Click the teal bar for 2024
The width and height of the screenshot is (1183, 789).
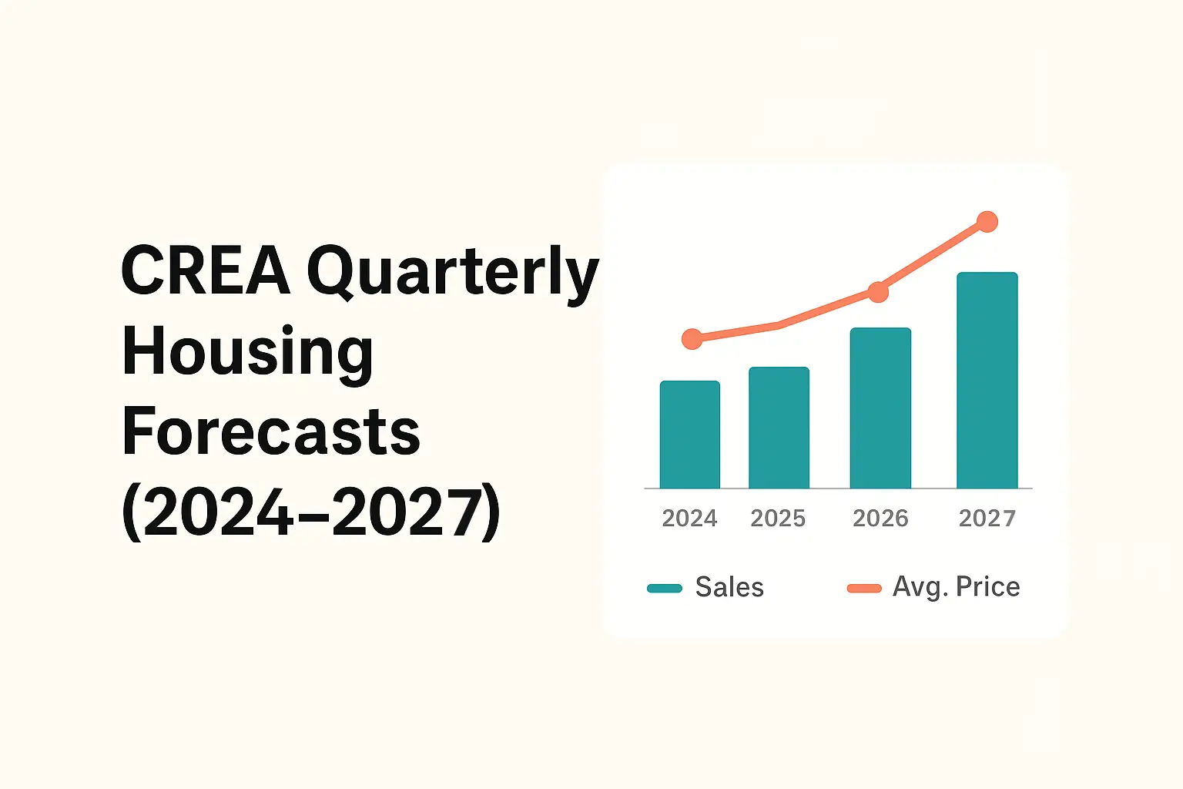(x=690, y=435)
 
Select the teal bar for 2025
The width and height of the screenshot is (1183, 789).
(x=779, y=428)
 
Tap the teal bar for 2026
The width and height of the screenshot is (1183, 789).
(x=880, y=408)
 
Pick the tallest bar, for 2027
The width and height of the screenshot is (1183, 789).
(x=987, y=381)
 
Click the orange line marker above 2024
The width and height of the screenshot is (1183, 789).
(x=692, y=339)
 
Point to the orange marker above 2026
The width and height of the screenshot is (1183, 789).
(x=878, y=292)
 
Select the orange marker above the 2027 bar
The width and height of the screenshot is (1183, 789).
(x=987, y=222)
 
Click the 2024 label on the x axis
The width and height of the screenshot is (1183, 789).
(x=689, y=519)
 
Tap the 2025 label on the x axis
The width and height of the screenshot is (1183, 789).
(x=778, y=519)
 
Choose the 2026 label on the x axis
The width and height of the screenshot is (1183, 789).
(x=880, y=519)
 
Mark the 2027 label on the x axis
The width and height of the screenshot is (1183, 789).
(x=987, y=519)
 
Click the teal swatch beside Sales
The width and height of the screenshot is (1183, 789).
(x=665, y=589)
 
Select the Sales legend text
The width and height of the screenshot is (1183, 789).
(x=729, y=587)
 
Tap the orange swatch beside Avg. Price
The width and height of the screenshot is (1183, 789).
(x=864, y=589)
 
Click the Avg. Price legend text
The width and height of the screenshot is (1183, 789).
(x=956, y=587)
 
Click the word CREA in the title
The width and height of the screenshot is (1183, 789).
(x=206, y=270)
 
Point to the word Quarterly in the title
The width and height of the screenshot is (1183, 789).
(x=453, y=274)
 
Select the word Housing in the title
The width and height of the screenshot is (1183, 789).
(x=247, y=352)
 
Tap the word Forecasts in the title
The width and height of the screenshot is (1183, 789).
(x=271, y=431)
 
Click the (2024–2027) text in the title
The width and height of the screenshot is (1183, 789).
(x=311, y=512)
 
